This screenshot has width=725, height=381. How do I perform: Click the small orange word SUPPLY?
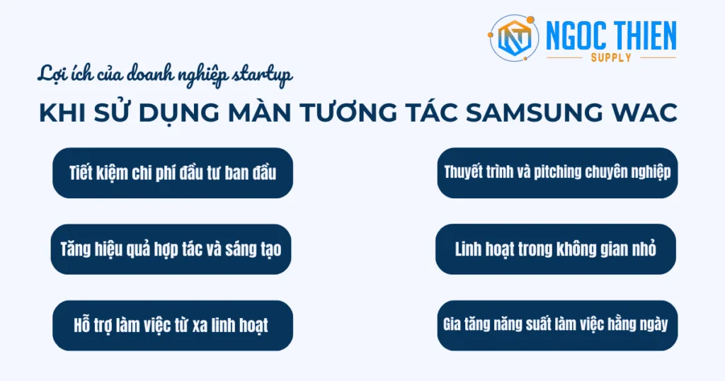click(x=611, y=58)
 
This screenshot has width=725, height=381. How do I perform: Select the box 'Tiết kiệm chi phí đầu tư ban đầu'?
click(x=172, y=173)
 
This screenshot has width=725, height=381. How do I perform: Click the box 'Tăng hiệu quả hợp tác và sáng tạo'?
click(x=172, y=249)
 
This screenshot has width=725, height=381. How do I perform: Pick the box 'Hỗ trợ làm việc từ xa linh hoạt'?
click(x=172, y=326)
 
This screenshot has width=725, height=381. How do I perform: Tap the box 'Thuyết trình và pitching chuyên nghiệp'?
click(x=556, y=172)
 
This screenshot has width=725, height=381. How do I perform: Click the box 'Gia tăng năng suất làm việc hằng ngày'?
click(x=556, y=325)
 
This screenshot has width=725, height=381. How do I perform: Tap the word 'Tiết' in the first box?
click(x=82, y=173)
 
